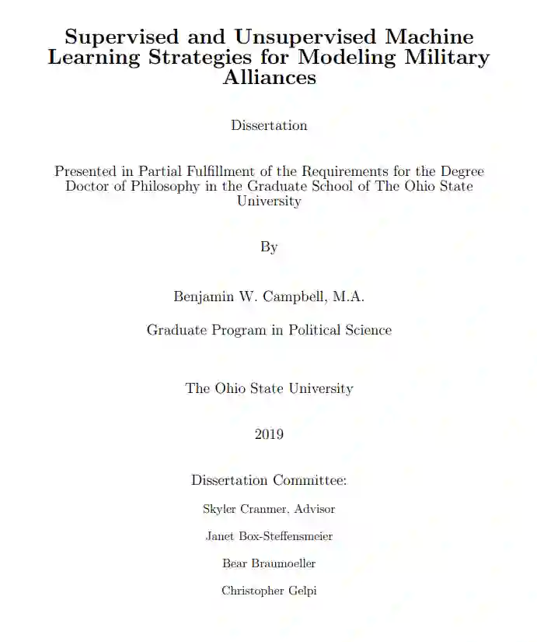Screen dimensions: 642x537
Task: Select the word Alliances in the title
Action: tap(269, 78)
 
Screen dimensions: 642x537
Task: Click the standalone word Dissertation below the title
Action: tap(269, 125)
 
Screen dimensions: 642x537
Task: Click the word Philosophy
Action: tap(163, 186)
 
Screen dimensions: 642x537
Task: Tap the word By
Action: tap(269, 247)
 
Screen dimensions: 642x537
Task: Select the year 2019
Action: tap(269, 434)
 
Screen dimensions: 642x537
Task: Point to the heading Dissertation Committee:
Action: tap(269, 480)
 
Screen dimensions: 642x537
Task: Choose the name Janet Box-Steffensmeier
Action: tap(269, 536)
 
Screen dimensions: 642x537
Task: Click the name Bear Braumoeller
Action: tap(269, 563)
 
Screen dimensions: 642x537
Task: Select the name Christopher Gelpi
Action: tap(269, 591)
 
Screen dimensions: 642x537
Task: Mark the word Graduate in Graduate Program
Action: tap(175, 330)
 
